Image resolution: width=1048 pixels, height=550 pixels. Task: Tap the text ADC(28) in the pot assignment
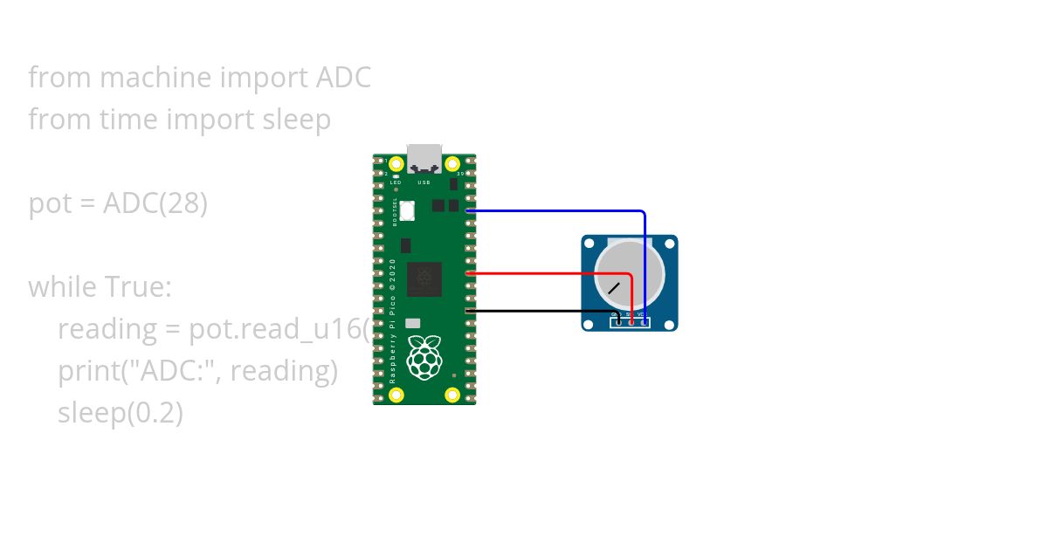155,203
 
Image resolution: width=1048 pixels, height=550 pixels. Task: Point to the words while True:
100,286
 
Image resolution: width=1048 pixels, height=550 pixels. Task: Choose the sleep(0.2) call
121,413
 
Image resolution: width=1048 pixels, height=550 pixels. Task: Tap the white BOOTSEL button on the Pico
407,210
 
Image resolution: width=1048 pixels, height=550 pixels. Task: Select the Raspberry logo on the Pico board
424,361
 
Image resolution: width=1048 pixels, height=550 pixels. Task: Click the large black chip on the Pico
424,278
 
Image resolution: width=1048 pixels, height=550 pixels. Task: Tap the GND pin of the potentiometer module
618,322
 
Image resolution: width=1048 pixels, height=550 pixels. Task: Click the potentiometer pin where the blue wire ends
645,322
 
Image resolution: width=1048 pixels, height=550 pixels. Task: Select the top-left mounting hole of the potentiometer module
590,244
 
